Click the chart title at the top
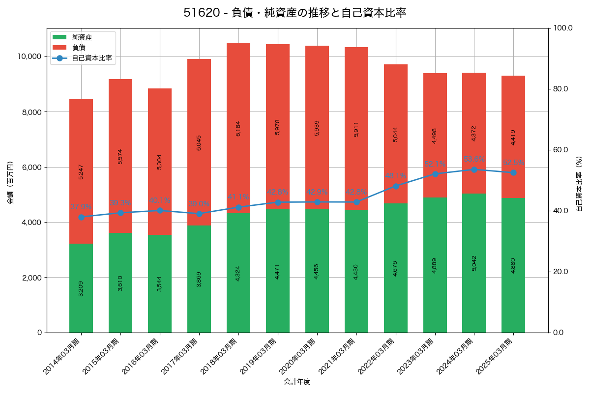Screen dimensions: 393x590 click(295, 13)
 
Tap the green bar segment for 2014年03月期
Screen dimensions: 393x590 click(81, 288)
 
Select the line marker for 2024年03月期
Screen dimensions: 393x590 click(474, 169)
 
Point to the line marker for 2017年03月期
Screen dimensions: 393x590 click(199, 214)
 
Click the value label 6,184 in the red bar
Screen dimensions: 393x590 click(238, 128)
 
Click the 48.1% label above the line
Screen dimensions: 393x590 click(396, 176)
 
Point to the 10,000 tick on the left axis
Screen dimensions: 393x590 click(30, 56)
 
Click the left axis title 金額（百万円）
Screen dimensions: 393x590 click(10, 183)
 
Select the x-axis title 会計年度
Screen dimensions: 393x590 click(297, 382)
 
